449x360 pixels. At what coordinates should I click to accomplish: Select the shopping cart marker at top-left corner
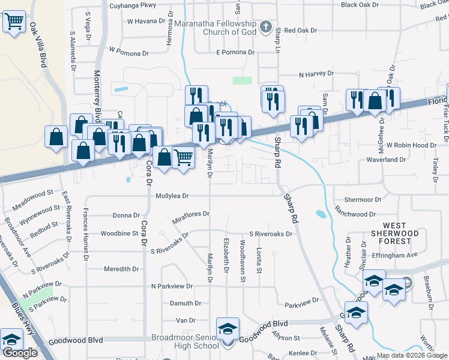[x=14, y=22]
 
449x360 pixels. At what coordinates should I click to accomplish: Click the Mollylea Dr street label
[x=172, y=196]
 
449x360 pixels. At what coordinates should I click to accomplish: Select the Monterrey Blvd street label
[x=97, y=97]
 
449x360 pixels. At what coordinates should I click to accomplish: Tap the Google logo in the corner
[x=20, y=353]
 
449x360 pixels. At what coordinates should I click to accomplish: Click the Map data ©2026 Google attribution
[x=412, y=355]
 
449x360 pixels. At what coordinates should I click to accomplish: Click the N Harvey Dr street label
[x=316, y=74]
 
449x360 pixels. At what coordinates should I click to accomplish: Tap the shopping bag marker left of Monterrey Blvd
[x=56, y=137]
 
